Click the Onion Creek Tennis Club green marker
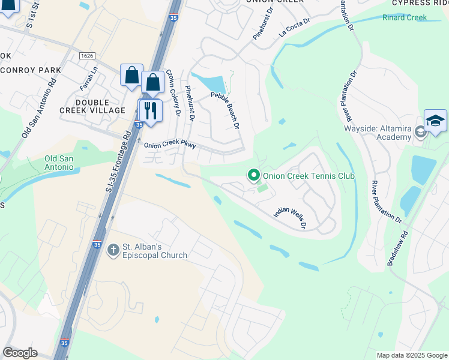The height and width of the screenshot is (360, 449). point(254,176)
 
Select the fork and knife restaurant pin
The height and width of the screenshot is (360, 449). point(150,110)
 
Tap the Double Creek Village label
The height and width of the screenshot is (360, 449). point(92,106)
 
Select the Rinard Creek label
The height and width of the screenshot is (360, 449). point(404,17)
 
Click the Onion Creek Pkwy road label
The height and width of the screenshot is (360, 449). point(170,145)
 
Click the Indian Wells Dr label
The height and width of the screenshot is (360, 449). point(291,217)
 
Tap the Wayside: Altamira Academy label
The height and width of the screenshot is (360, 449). point(378,132)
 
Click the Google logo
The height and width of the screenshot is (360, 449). point(20,353)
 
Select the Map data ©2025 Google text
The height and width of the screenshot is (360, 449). point(411,355)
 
